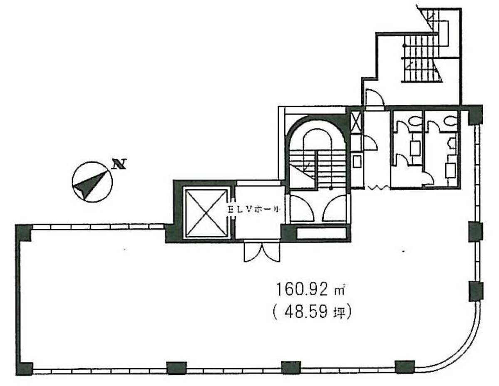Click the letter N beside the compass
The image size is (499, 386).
120,165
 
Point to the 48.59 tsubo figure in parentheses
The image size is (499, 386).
311,312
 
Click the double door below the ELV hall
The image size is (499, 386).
261,252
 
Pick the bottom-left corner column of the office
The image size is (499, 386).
25,368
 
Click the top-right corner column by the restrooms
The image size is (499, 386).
475,115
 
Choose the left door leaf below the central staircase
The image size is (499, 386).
302,209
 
